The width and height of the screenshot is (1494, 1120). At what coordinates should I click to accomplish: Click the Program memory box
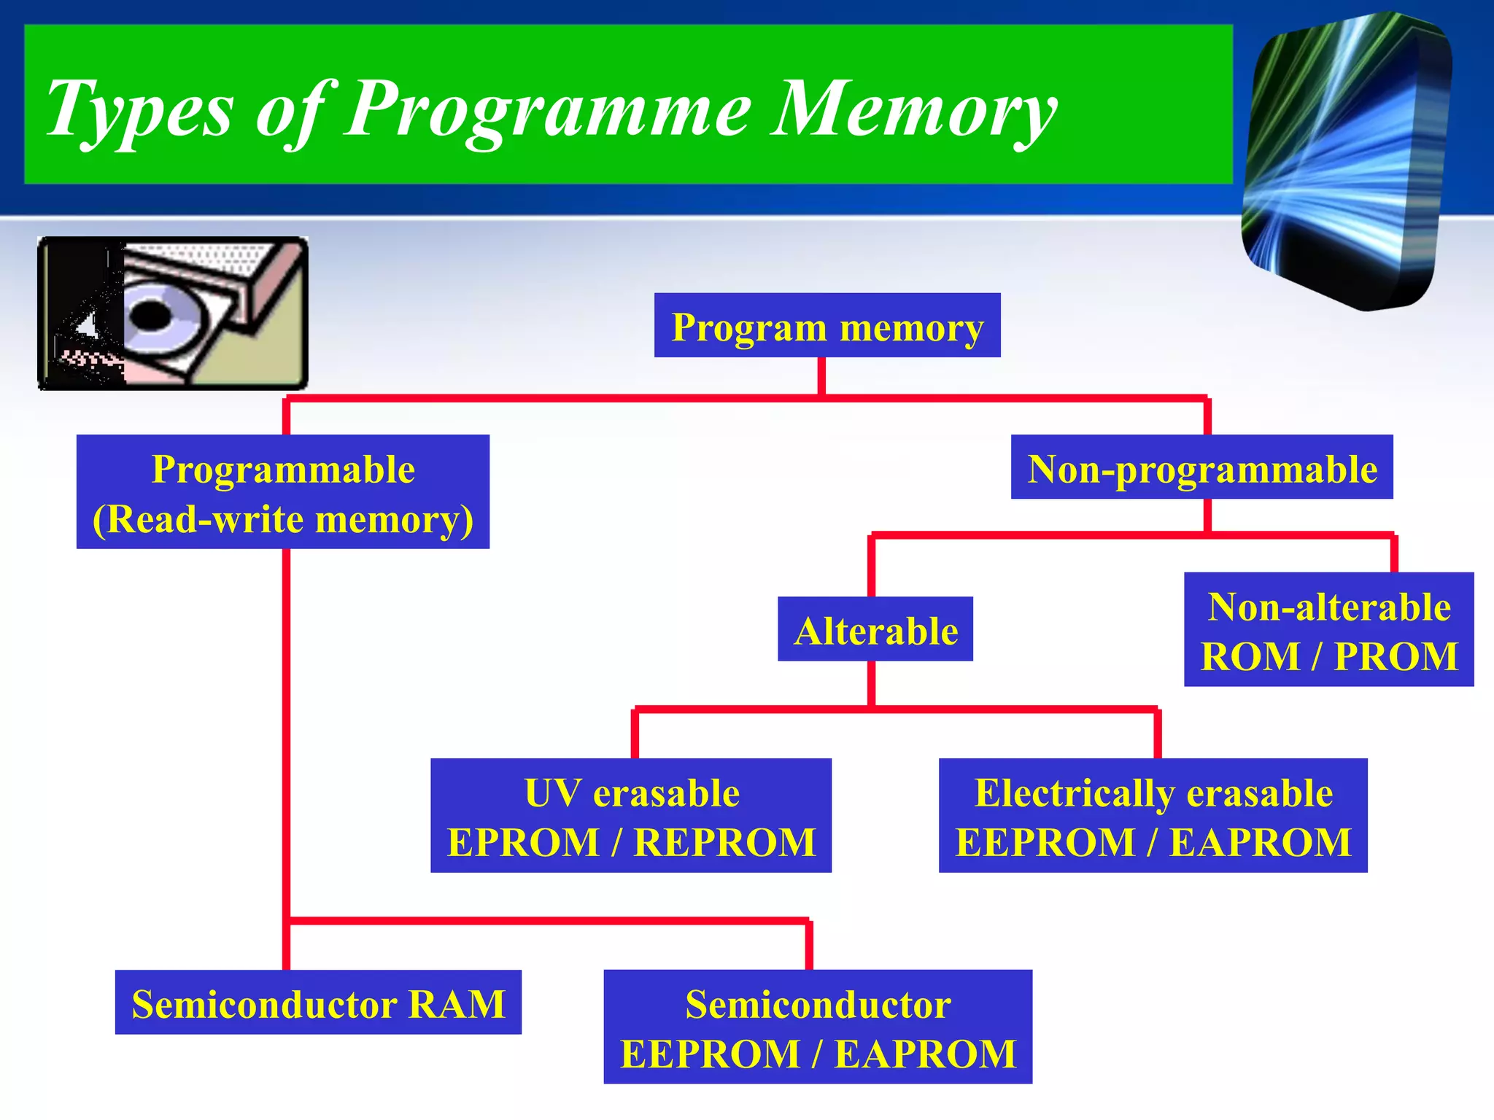(x=827, y=326)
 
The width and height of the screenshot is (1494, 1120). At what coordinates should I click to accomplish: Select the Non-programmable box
(x=1201, y=467)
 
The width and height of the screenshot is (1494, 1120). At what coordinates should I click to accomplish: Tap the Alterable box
(x=875, y=629)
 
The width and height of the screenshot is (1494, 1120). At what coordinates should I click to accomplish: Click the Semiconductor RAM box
(x=318, y=1003)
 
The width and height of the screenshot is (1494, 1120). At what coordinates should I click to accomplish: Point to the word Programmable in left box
(x=283, y=469)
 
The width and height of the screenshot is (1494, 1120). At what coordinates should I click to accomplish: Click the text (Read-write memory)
(x=283, y=519)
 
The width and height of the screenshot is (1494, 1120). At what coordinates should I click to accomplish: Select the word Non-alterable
(x=1328, y=607)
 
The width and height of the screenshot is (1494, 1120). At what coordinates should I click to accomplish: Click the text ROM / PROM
(x=1328, y=656)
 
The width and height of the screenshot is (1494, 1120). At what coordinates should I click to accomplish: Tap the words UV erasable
(x=631, y=793)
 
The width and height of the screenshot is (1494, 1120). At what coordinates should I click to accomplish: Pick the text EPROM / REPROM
(x=631, y=842)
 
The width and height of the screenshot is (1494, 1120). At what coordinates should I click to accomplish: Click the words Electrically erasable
(x=1153, y=793)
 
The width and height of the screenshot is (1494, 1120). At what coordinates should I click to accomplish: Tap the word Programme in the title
(x=547, y=109)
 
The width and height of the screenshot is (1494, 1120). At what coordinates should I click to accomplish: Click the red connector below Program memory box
(x=821, y=376)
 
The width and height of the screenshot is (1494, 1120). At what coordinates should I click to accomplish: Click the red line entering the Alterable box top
(x=871, y=569)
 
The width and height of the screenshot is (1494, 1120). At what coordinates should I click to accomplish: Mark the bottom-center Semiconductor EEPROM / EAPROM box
(x=818, y=1027)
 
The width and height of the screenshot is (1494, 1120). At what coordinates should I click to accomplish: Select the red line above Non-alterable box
(x=1394, y=554)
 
